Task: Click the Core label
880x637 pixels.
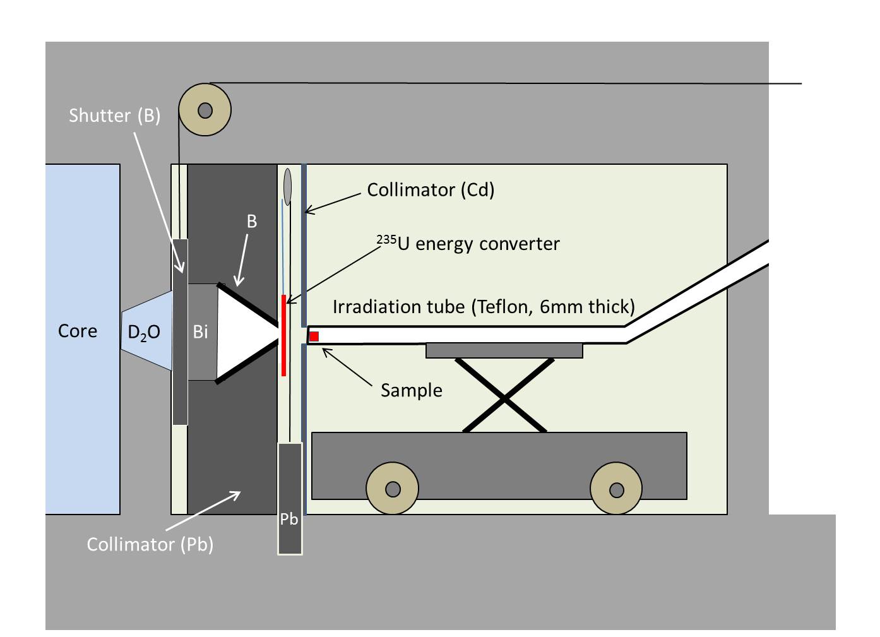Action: point(78,331)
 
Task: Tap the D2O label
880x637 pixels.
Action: point(144,333)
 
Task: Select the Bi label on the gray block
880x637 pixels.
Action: point(200,332)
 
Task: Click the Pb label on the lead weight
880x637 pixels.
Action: point(289,520)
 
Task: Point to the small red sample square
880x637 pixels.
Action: point(314,336)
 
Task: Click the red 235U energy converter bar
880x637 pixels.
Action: point(283,335)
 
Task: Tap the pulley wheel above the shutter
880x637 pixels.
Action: point(205,110)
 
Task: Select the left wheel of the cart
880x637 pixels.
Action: point(392,489)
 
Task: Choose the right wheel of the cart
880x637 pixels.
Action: point(616,489)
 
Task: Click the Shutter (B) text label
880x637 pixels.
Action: point(115,116)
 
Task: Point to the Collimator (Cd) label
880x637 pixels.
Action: point(431,190)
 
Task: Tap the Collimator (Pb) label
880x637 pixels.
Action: point(150,545)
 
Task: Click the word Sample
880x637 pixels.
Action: point(412,391)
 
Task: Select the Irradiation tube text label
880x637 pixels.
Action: point(484,307)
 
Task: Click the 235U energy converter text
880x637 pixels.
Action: point(468,244)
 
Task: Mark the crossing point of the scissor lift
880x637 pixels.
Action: point(504,399)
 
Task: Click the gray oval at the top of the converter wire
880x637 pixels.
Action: point(288,187)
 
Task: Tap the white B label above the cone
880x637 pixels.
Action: point(252,222)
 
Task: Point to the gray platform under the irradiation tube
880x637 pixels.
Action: point(504,350)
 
